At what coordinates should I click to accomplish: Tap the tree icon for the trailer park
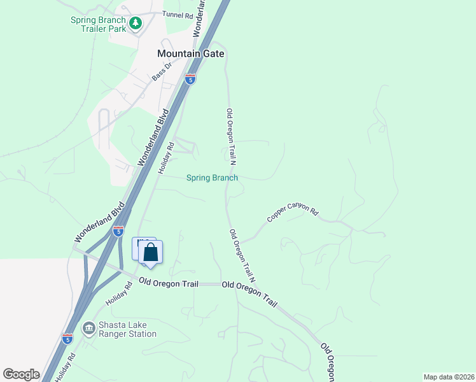point(136,24)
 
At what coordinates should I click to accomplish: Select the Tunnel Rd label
point(177,14)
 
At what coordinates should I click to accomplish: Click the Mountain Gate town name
point(191,54)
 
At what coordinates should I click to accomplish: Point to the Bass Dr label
point(162,71)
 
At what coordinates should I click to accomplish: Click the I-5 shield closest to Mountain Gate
point(190,79)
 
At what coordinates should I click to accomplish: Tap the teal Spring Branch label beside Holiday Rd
point(212,178)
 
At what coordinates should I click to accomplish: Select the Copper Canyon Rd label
point(292,213)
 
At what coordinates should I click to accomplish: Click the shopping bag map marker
point(150,253)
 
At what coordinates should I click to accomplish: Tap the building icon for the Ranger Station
point(88,329)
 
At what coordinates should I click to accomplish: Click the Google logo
point(21,374)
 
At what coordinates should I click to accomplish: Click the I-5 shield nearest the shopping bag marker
point(118,231)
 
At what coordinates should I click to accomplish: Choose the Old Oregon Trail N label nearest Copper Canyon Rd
point(242,256)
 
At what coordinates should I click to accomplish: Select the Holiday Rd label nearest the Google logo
point(65,367)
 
